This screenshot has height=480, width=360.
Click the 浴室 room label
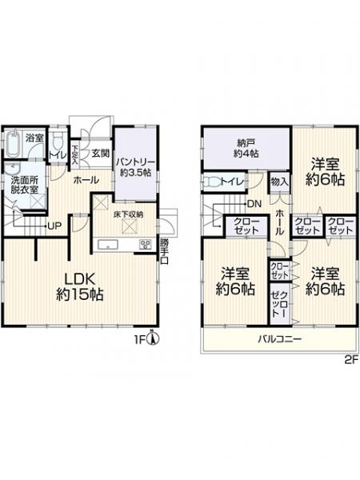(34, 138)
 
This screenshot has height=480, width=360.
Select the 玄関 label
(99, 154)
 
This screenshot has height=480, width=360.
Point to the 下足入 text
(74, 153)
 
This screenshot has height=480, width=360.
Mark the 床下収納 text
(128, 214)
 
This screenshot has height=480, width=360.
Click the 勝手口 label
(164, 249)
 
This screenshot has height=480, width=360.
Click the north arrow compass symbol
(155, 338)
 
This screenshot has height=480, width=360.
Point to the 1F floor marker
(141, 339)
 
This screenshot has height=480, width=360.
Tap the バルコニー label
(278, 339)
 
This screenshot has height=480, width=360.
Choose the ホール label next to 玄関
(86, 182)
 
